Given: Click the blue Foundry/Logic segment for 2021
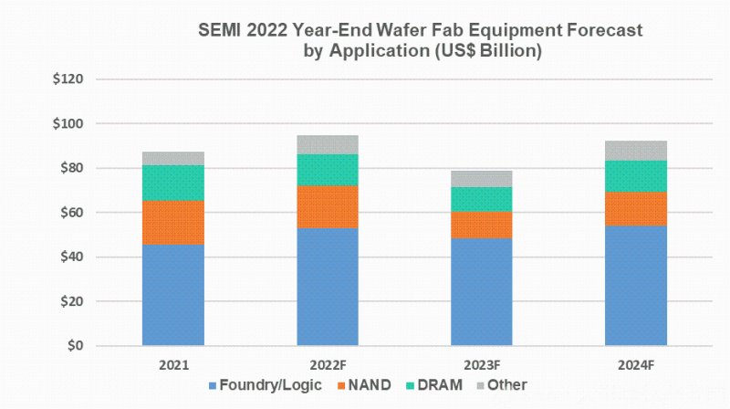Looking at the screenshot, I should [x=172, y=294].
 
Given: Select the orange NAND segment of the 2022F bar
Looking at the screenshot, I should [x=328, y=206].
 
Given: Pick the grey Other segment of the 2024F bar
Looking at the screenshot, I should [x=636, y=151].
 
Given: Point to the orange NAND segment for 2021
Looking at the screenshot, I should [x=172, y=222].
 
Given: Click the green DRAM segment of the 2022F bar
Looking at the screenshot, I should [x=328, y=170].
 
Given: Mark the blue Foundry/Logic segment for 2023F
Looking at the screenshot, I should [x=482, y=291].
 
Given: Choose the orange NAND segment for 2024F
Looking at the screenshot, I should [x=636, y=208].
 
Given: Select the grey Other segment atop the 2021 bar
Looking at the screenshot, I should [x=172, y=158].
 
